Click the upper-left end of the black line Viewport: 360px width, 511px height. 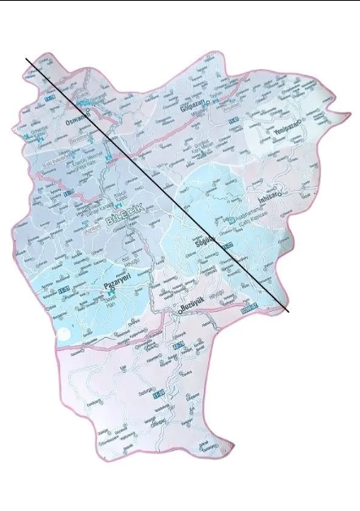[x=26, y=58]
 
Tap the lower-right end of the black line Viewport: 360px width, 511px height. [x=288, y=312]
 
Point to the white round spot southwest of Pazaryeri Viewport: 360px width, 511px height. [x=63, y=334]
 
